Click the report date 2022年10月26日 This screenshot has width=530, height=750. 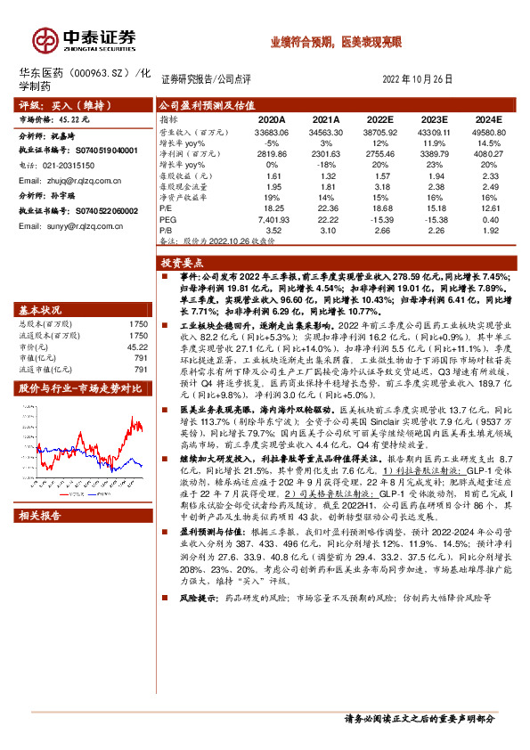coord(417,79)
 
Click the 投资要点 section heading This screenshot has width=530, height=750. coord(182,264)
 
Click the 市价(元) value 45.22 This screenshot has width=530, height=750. coord(137,346)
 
